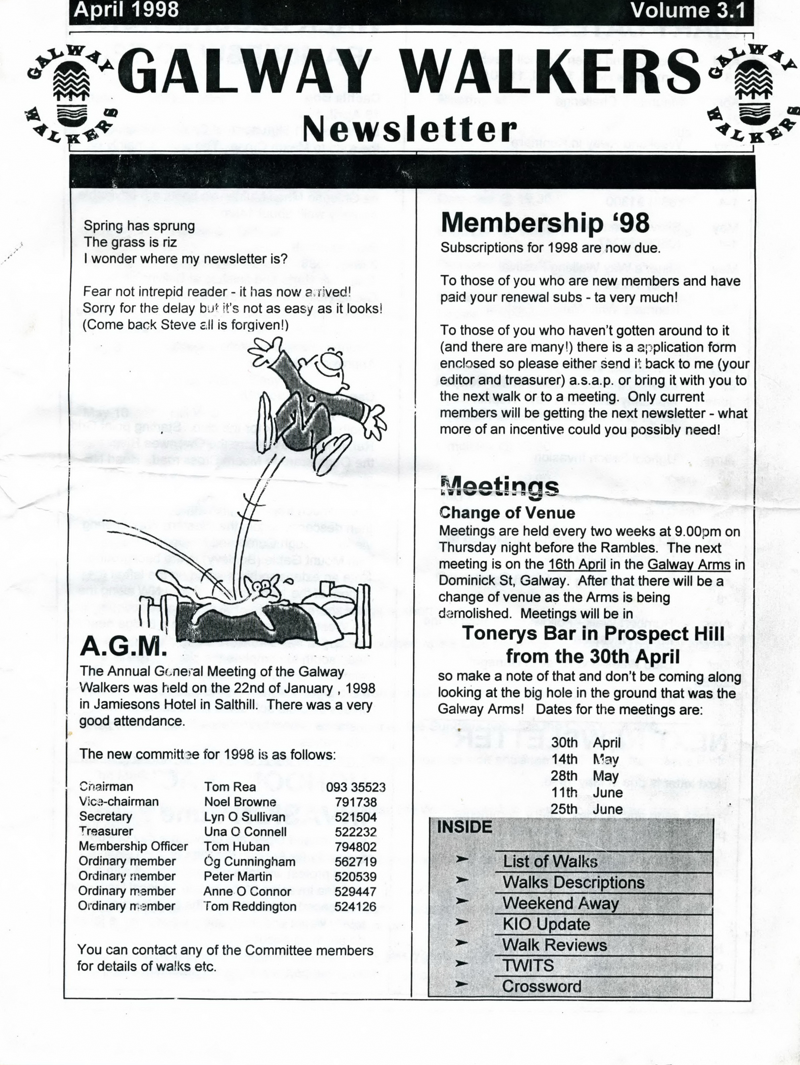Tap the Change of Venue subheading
point(507,513)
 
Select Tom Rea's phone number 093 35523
point(355,787)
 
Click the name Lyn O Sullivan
point(244,817)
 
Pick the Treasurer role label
point(106,832)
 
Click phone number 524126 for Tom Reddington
point(355,907)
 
